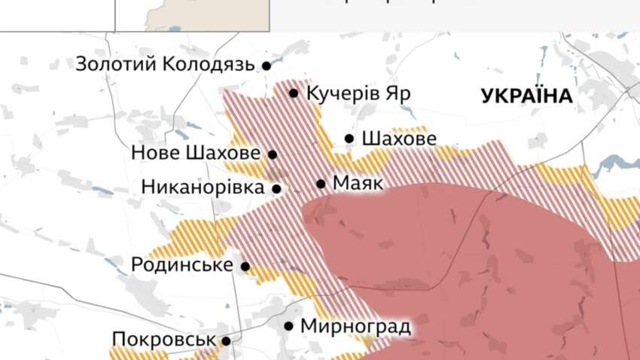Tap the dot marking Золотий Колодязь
(266, 66)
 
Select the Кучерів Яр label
(359, 94)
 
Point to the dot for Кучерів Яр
(294, 93)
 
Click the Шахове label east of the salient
(398, 139)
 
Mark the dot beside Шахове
(349, 139)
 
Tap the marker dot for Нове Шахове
(273, 154)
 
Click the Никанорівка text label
(203, 188)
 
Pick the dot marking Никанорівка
(276, 189)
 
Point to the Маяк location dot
(321, 184)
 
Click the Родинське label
(181, 265)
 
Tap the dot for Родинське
(245, 266)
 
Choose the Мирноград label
(355, 327)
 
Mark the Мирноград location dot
(289, 327)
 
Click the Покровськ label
(163, 340)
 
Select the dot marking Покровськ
(226, 341)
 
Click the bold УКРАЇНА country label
(526, 96)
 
